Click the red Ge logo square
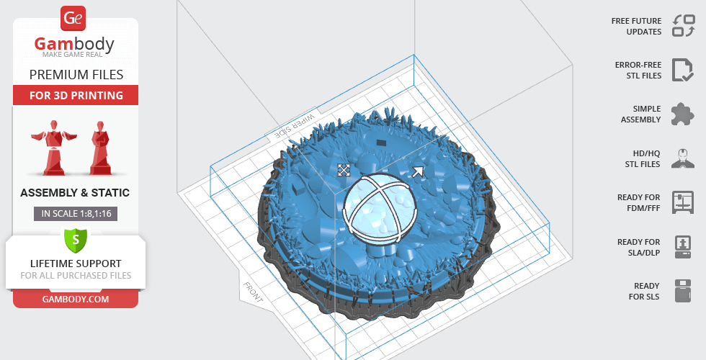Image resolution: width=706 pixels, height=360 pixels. [73, 19]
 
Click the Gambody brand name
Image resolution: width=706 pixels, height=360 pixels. [74, 44]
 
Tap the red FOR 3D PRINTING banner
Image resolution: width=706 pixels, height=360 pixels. [76, 95]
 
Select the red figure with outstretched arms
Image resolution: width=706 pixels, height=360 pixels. [53, 148]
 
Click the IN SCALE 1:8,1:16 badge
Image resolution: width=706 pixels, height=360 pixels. [76, 214]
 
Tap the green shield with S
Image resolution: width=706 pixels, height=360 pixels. [76, 239]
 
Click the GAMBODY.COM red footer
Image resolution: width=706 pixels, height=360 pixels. [76, 300]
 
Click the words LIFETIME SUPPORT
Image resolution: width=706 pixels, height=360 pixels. [76, 264]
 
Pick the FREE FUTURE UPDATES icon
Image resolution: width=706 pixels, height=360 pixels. [684, 26]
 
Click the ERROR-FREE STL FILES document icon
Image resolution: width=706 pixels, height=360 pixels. [683, 70]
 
